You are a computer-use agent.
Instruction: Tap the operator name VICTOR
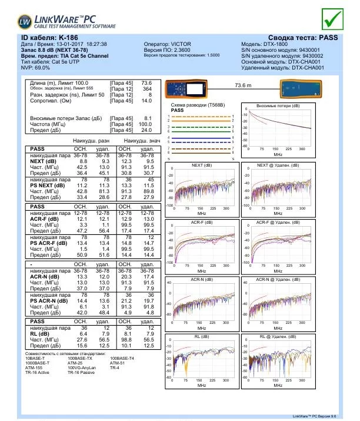pos(175,44)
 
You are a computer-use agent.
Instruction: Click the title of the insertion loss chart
pos(278,106)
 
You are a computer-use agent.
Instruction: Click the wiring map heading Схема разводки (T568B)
pos(197,105)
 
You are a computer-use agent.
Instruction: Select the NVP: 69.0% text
pos(36,68)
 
